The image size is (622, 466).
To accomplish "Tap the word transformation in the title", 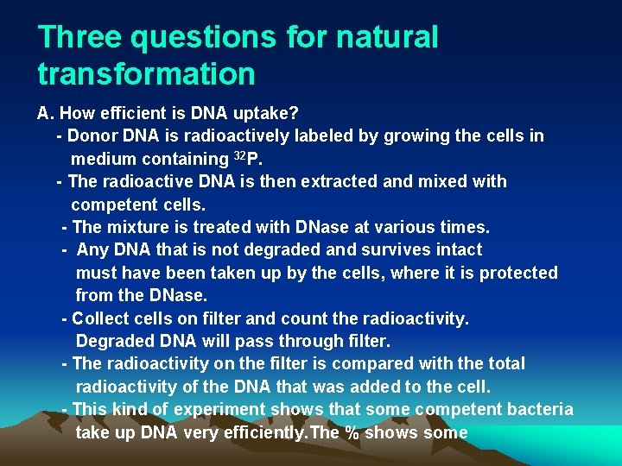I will [146, 74].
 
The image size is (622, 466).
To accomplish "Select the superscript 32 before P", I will [240, 156].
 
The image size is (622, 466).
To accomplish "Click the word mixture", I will [135, 227].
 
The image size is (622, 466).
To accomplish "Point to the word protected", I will [519, 273].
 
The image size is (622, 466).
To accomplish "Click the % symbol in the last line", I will [352, 433].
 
